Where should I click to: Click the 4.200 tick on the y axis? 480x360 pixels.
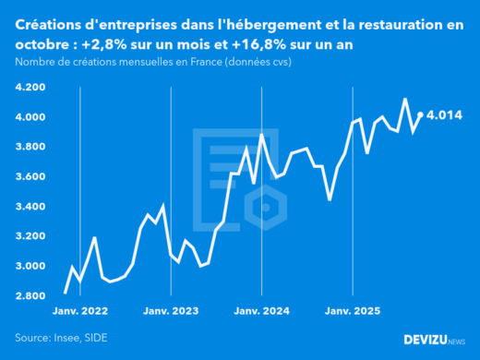coord(30,87)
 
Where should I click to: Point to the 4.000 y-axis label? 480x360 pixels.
coord(30,117)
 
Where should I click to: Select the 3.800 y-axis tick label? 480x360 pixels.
coord(30,147)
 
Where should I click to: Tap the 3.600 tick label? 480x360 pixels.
coord(30,176)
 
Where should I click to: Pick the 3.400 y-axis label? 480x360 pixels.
coord(30,206)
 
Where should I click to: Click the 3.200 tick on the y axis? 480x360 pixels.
coord(30,236)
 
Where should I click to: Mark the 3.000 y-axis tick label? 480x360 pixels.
coord(30,266)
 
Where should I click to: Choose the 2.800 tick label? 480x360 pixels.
coord(30,295)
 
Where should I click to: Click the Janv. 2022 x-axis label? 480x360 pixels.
coord(81,311)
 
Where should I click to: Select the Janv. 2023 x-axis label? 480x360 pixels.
coord(172,311)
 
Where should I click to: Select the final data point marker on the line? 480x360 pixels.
coord(420,114)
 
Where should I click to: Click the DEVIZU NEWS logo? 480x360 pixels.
coord(434,340)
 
